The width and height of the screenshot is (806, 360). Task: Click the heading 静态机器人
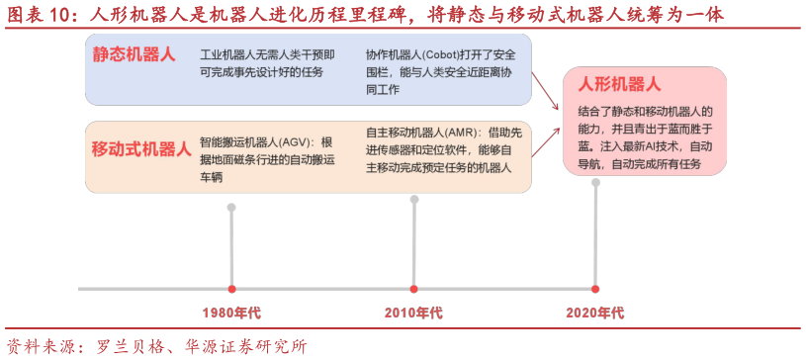click(x=134, y=54)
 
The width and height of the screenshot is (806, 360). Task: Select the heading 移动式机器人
click(x=141, y=149)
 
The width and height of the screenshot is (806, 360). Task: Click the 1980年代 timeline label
click(x=231, y=313)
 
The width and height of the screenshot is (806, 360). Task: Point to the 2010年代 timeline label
click(x=413, y=313)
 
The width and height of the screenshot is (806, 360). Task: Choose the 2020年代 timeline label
click(x=595, y=313)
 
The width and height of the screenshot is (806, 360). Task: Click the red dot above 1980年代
click(x=231, y=289)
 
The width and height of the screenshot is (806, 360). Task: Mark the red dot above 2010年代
click(x=414, y=289)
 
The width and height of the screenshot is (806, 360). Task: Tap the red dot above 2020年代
click(x=595, y=289)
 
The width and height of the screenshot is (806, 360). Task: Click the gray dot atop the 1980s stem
click(x=231, y=208)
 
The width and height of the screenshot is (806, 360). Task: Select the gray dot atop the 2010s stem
click(x=414, y=200)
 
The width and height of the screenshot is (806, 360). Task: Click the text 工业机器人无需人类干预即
click(x=267, y=53)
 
